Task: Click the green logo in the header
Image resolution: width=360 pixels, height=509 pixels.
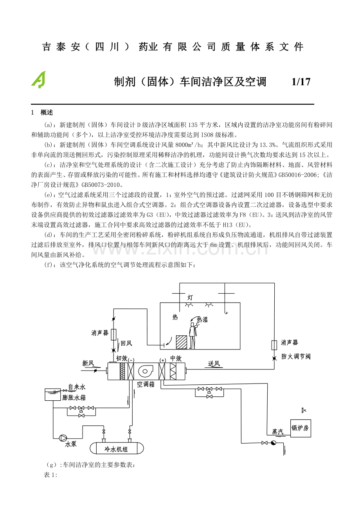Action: (x=38, y=80)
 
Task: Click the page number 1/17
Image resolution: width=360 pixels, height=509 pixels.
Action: (x=301, y=82)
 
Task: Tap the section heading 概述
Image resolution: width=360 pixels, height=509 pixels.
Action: (x=46, y=113)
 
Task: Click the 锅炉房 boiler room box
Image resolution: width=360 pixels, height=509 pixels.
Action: (x=300, y=428)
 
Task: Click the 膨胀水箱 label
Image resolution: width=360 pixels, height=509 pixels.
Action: (x=74, y=398)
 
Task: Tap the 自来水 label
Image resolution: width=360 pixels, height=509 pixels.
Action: (x=77, y=387)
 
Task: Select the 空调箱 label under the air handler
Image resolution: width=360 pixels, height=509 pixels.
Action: (x=146, y=384)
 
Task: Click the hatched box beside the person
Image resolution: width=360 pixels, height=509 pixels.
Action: (x=182, y=342)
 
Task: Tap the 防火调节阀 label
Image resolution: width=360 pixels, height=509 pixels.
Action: (x=296, y=357)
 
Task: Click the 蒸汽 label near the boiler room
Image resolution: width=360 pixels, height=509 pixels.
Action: (x=278, y=432)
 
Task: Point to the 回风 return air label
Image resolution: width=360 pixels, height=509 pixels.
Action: (x=126, y=343)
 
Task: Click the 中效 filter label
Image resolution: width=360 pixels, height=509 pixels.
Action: (x=176, y=358)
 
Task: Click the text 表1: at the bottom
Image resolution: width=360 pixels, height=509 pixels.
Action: (x=51, y=475)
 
